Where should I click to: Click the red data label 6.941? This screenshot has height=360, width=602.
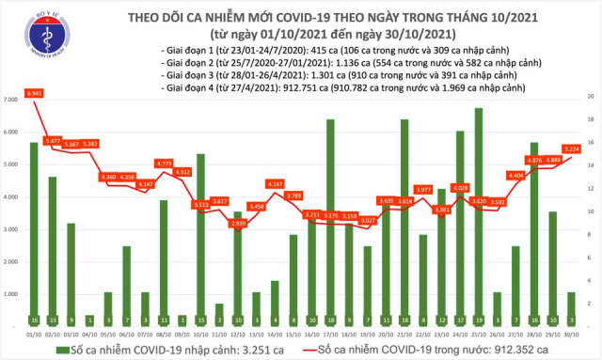tap(36, 95)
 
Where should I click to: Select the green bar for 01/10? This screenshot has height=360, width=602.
tap(34, 235)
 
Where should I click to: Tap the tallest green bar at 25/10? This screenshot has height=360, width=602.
tap(480, 216)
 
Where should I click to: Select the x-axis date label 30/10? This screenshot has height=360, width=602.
tap(570, 332)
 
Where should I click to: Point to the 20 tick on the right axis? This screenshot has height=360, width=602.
tap(590, 97)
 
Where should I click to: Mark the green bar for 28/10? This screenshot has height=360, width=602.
tap(533, 235)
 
